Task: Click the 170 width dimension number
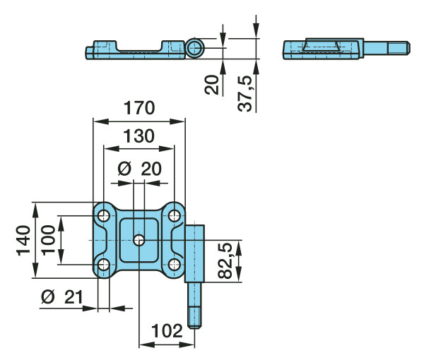139,108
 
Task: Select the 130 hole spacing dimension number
139,136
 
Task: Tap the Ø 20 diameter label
140,169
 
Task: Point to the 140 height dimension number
23,240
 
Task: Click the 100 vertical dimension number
48,240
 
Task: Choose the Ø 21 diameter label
62,297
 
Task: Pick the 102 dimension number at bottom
167,331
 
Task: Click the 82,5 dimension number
225,261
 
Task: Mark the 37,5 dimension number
245,94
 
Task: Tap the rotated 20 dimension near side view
211,85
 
